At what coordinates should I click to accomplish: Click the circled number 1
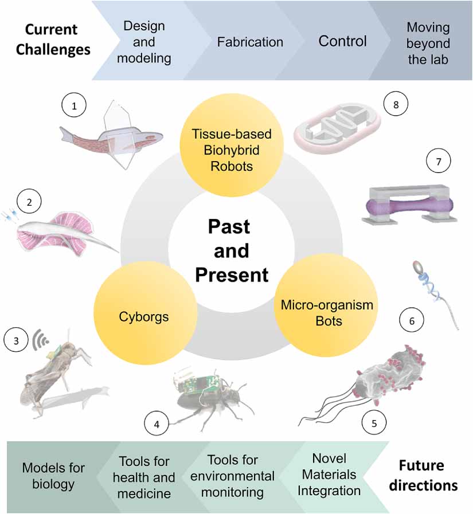click(x=74, y=105)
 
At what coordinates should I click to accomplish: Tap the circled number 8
click(x=396, y=104)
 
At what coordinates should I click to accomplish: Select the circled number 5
click(x=374, y=422)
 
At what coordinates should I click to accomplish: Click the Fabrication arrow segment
click(x=249, y=42)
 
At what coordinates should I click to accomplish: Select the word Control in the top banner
click(x=342, y=41)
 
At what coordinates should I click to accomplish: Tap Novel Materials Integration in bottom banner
click(x=337, y=474)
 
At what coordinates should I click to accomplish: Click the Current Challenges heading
click(x=53, y=41)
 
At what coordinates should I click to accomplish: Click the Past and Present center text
click(x=231, y=250)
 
